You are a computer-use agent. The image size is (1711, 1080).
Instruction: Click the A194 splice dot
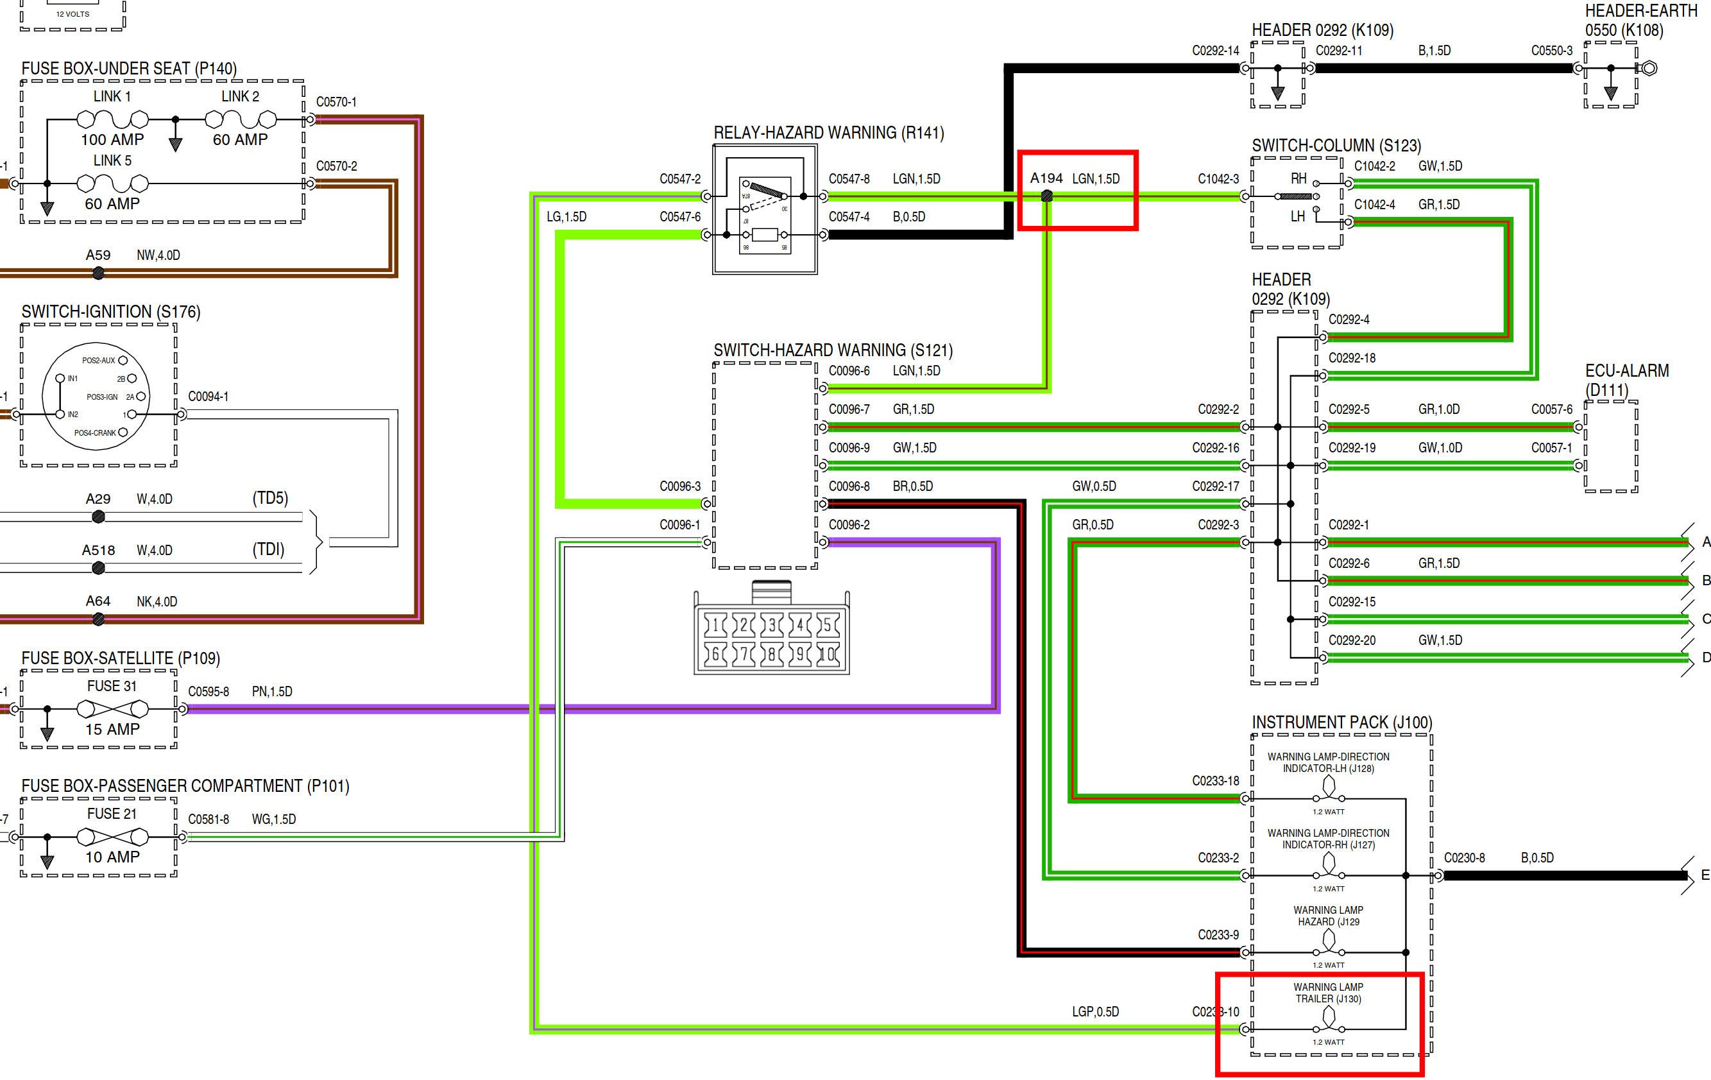pos(1046,197)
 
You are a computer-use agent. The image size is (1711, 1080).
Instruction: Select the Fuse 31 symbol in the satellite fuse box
pos(112,709)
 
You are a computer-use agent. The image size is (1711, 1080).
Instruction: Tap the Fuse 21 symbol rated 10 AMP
pos(112,837)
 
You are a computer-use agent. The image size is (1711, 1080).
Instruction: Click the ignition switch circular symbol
pos(98,397)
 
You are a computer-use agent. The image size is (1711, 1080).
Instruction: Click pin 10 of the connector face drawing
pos(827,654)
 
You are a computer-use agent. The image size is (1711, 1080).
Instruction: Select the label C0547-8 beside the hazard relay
pos(849,179)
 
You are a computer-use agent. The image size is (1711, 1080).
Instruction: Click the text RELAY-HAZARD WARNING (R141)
pos(828,133)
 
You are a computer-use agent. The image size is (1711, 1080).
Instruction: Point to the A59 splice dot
pos(99,273)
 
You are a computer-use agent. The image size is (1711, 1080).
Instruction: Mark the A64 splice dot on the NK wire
pos(99,620)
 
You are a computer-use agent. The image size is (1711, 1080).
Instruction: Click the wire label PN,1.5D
pos(272,691)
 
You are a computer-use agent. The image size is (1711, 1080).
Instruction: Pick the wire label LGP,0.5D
pos(1095,1012)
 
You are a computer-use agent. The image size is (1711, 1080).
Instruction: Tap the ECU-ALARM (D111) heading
pos(1626,380)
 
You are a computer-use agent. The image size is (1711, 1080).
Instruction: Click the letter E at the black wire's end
pos(1705,875)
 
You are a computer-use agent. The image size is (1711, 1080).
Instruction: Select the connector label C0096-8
pos(849,486)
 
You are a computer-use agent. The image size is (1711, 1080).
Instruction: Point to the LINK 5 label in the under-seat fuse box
pos(112,160)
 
